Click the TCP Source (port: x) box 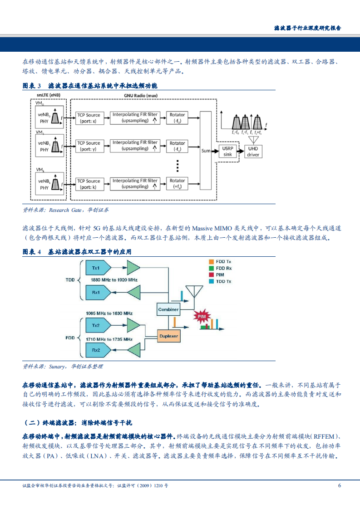click(x=89, y=118)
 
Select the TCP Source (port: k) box click(x=89, y=184)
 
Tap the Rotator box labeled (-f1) click(x=178, y=146)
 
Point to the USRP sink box click(x=227, y=151)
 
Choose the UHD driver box click(x=253, y=151)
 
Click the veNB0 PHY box click(x=49, y=118)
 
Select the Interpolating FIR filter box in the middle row click(x=135, y=146)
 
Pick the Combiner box click(x=168, y=310)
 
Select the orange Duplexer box click(x=168, y=336)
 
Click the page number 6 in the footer click(x=339, y=485)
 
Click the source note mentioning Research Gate click(x=66, y=210)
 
